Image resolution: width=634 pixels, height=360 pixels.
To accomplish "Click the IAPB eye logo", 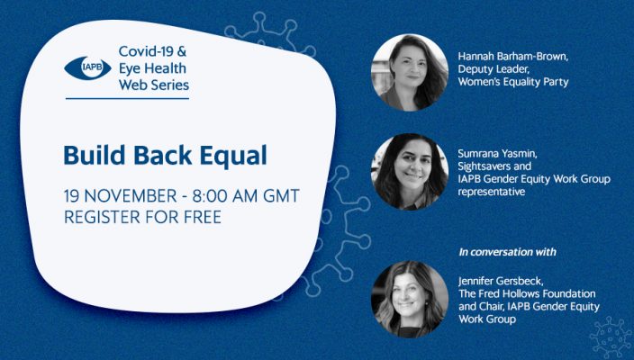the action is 87,67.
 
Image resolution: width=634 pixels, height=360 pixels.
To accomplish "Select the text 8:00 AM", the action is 225,196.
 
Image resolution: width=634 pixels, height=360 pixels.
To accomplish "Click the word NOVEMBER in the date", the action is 131,196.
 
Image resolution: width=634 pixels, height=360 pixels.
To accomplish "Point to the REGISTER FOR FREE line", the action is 142,217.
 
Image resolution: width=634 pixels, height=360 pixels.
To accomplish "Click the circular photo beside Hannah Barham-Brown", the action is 410,72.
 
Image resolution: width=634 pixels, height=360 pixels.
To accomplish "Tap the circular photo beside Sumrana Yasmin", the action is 410,172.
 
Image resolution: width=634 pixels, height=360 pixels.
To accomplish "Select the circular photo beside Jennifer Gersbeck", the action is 410,299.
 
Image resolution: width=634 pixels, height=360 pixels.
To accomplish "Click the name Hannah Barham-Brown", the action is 513,56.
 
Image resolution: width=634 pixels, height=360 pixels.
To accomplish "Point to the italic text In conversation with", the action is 507,252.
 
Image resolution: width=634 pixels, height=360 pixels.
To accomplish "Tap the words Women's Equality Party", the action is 513,82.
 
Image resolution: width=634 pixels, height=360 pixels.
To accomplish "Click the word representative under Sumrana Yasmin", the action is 492,192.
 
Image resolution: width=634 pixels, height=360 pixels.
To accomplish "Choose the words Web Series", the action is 154,85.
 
